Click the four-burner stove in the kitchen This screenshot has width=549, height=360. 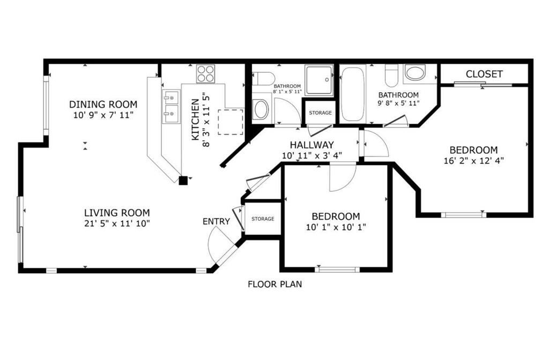pyautogui.click(x=206, y=73)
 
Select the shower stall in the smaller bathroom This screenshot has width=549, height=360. pyautogui.click(x=319, y=80)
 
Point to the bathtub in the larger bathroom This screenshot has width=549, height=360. pyautogui.click(x=352, y=94)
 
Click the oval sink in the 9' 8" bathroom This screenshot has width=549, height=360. pyautogui.click(x=414, y=73)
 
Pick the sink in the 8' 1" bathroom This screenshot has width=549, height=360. pyautogui.click(x=261, y=109)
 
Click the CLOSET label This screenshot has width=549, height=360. pyautogui.click(x=484, y=74)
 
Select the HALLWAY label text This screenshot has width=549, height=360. pyautogui.click(x=311, y=145)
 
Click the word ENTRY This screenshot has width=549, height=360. pyautogui.click(x=216, y=221)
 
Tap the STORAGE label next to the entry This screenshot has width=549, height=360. pyautogui.click(x=263, y=219)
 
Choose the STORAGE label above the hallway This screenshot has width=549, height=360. pyautogui.click(x=320, y=112)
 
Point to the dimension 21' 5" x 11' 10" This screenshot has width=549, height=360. pyautogui.click(x=116, y=223)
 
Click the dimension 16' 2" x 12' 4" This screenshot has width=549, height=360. pyautogui.click(x=473, y=160)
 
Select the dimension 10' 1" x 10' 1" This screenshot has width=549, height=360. pyautogui.click(x=336, y=227)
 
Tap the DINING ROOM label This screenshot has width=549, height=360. pyautogui.click(x=103, y=104)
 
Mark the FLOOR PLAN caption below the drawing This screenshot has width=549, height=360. pyautogui.click(x=274, y=284)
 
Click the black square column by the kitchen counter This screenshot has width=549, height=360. pyautogui.click(x=183, y=181)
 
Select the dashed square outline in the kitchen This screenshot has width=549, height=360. pyautogui.click(x=233, y=121)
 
